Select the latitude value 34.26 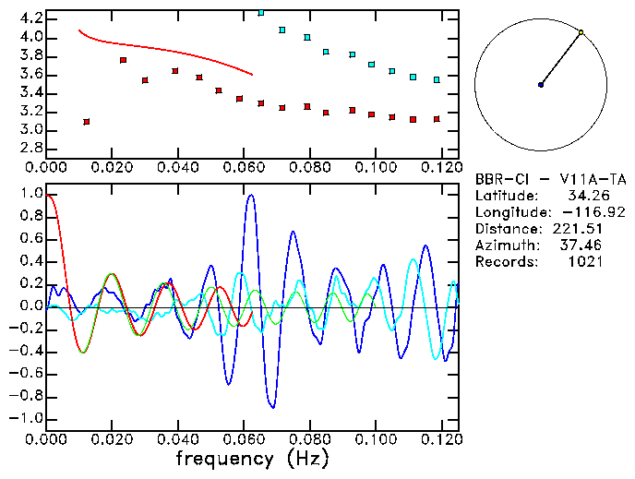point(585,196)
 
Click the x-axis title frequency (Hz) point(252,458)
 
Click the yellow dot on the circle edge point(581,32)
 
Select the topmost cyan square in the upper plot point(261,13)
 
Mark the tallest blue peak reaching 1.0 point(250,195)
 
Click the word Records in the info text point(504,262)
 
